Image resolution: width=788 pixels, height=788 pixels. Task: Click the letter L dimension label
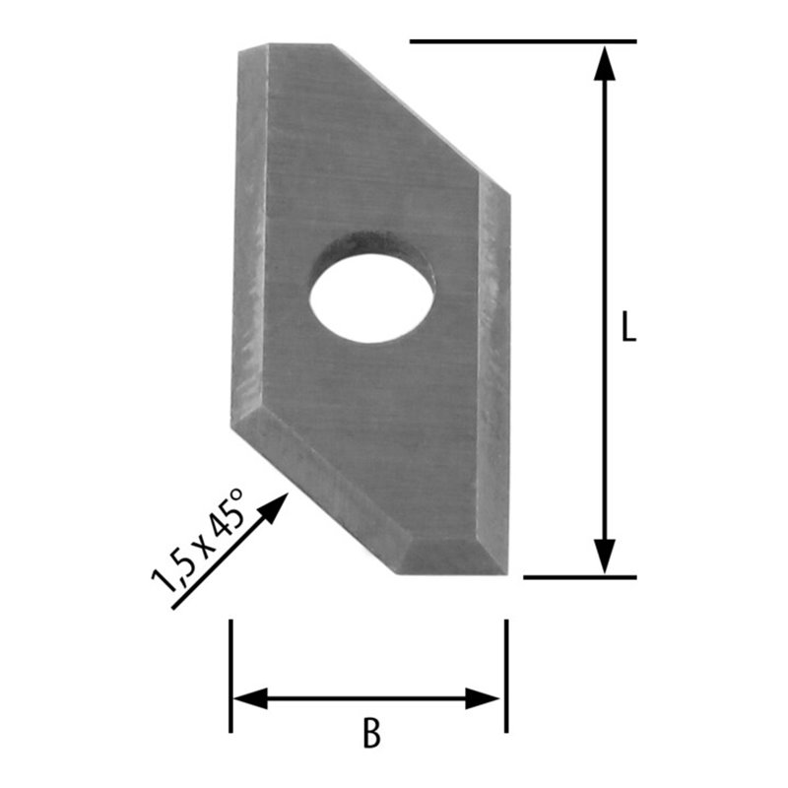click(x=628, y=328)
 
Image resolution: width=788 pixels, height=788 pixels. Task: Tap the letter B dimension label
click(x=371, y=734)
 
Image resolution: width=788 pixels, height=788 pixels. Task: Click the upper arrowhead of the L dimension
click(x=605, y=61)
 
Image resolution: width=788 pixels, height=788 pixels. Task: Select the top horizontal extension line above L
click(x=522, y=41)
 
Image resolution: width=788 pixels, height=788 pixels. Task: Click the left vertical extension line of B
click(x=230, y=675)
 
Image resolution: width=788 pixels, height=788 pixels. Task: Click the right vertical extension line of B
click(x=505, y=675)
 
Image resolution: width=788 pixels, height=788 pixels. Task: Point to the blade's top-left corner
click(x=241, y=47)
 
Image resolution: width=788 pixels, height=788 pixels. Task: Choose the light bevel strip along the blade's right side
click(x=494, y=374)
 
